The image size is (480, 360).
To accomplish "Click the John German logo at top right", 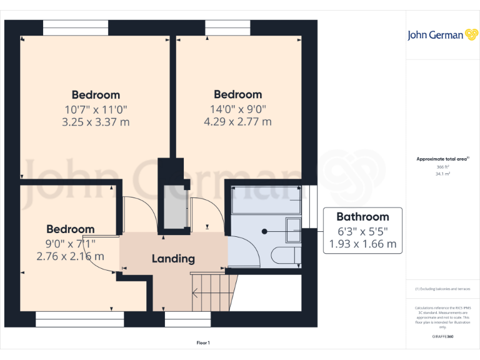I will coord(435,35).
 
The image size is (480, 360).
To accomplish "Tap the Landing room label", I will coord(173,258).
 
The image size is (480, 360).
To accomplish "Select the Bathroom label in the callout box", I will coord(362,217).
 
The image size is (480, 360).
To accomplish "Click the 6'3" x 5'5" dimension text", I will coord(362,231).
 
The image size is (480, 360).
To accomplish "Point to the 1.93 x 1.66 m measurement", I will coord(362,244).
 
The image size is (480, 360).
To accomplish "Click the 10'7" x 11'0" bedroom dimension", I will coord(96,109).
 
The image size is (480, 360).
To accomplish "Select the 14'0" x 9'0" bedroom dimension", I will coord(237,109).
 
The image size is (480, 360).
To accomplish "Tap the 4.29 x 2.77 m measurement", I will coord(237,122).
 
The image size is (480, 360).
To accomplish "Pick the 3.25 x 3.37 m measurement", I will coord(96,122).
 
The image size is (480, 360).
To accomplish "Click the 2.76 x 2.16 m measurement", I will coord(70,256).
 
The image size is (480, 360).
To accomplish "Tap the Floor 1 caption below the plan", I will coord(203,342).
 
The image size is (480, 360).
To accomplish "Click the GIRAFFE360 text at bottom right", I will coord(442,336).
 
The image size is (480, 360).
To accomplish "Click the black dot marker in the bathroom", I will coord(265,231).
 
